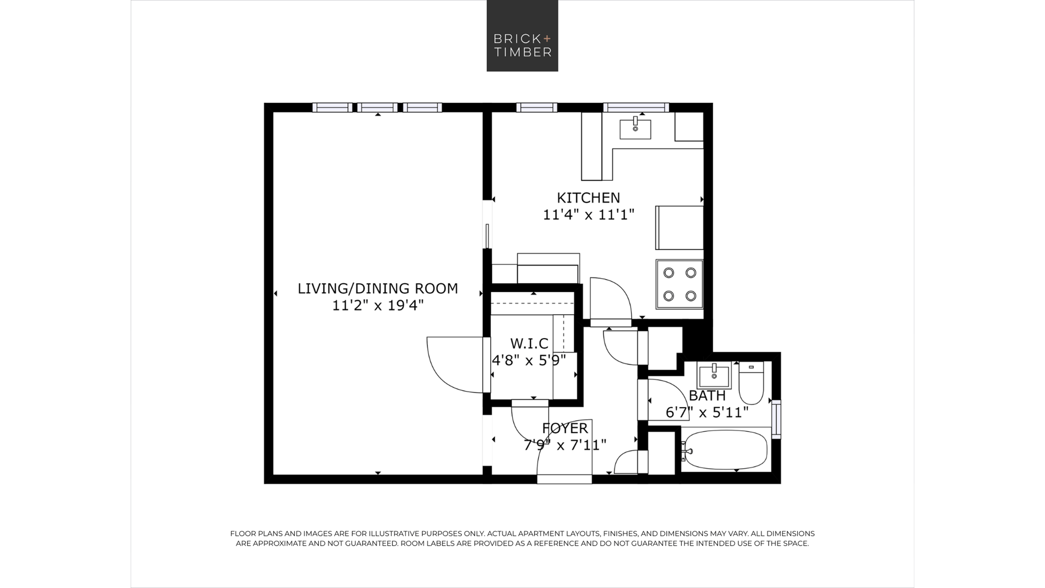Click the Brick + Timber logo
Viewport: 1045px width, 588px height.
[x=522, y=36]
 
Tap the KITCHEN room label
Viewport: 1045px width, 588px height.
[x=588, y=198]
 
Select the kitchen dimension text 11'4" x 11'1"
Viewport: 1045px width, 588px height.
[x=588, y=215]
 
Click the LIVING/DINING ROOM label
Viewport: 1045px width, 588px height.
[x=378, y=289]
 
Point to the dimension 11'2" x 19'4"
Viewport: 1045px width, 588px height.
[x=378, y=305]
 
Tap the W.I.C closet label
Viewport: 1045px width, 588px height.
[x=529, y=343]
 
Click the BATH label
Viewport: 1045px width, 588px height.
[x=707, y=396]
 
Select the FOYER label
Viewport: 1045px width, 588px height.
[x=565, y=429]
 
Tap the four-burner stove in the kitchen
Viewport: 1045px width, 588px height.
[x=680, y=284]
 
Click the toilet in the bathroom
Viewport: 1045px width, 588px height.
[x=751, y=383]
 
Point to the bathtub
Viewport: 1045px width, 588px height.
[x=726, y=450]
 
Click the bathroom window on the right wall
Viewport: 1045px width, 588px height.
[x=776, y=419]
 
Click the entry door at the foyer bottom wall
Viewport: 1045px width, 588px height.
[x=564, y=479]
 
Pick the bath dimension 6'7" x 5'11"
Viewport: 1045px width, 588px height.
[x=707, y=412]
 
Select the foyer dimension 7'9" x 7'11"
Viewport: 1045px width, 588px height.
[x=565, y=445]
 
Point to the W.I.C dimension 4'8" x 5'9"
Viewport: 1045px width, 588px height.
[x=529, y=361]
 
